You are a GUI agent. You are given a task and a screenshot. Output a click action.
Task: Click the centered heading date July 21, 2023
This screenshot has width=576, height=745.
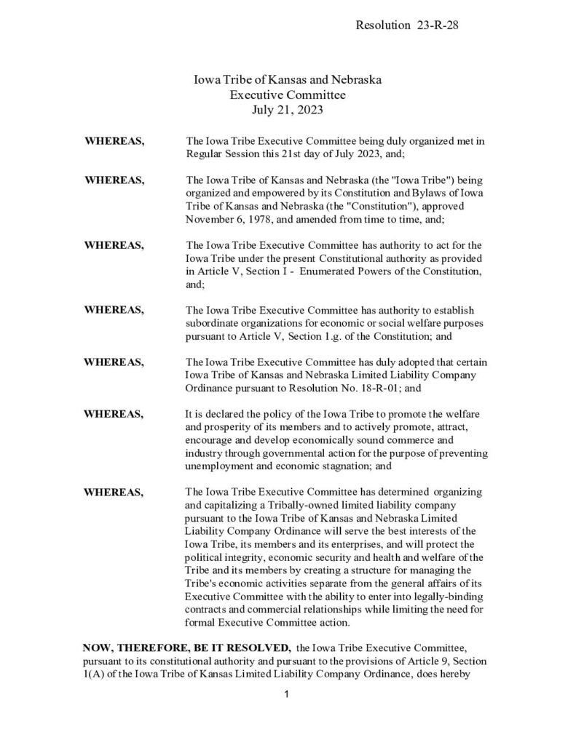[x=287, y=111]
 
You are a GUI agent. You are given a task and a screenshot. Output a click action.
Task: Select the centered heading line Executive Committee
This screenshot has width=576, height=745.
[x=287, y=95]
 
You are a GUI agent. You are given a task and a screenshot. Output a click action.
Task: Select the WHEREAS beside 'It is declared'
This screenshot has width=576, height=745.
[x=114, y=413]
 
